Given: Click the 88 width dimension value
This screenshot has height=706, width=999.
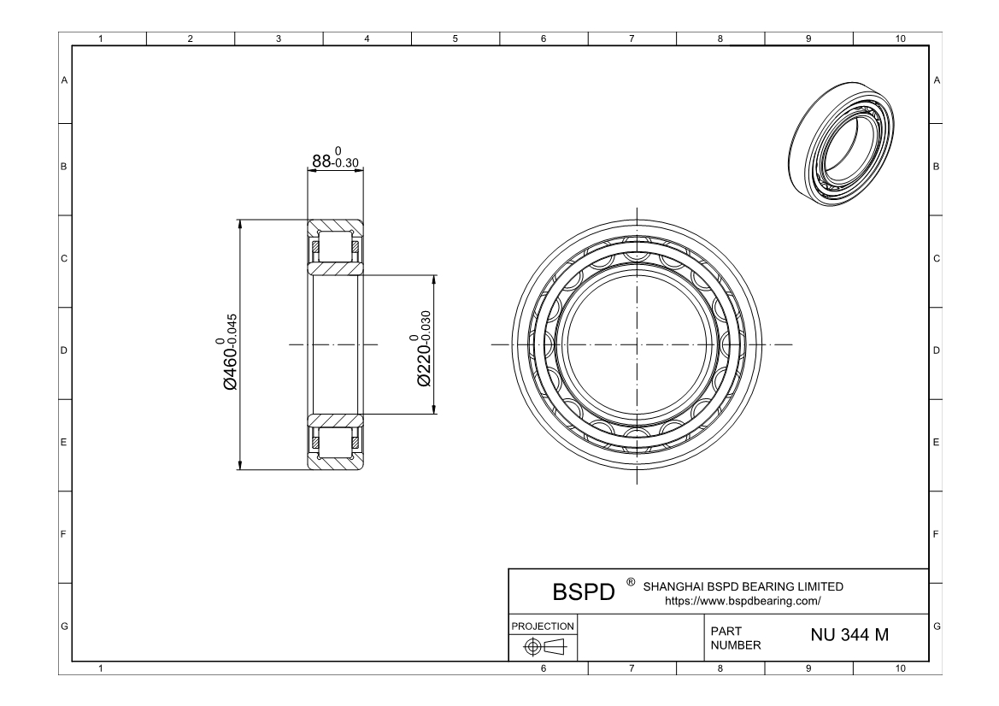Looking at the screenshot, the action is (x=335, y=159).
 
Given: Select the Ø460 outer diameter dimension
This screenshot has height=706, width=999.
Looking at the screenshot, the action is (x=229, y=351).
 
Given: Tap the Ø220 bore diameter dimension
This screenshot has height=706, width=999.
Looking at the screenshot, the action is (x=422, y=349).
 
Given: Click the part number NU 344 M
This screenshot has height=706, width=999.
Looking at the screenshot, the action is (x=849, y=635).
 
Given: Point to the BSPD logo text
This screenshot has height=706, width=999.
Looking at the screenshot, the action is (x=584, y=592).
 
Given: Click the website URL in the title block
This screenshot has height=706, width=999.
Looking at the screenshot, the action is (x=743, y=601).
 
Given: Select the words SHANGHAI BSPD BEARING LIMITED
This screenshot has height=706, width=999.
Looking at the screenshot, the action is (x=743, y=586).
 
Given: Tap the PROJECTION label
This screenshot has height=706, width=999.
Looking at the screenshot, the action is (x=543, y=627).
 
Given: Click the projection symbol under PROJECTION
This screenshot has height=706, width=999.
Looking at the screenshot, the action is (x=544, y=647).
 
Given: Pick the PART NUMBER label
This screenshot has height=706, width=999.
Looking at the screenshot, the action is (x=736, y=638).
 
